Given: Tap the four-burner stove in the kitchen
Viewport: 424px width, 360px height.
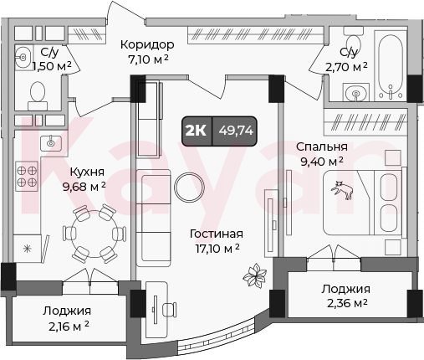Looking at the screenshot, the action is pyautogui.click(x=27, y=177).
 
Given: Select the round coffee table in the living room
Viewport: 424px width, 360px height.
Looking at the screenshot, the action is pyautogui.click(x=189, y=188).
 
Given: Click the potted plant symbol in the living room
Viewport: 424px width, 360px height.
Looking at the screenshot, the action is pyautogui.click(x=255, y=276).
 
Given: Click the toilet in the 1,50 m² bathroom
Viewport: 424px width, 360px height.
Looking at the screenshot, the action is pyautogui.click(x=38, y=95).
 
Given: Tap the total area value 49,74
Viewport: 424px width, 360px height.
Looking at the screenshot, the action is pyautogui.click(x=236, y=131).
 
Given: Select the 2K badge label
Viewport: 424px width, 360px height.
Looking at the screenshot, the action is pyautogui.click(x=196, y=131).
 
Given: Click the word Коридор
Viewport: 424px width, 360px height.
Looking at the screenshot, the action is pyautogui.click(x=147, y=44).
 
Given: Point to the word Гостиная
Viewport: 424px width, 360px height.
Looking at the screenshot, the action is pyautogui.click(x=217, y=234).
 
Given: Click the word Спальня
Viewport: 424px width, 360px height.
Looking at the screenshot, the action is pyautogui.click(x=322, y=147).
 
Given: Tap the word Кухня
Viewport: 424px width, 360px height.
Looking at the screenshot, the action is pyautogui.click(x=87, y=172).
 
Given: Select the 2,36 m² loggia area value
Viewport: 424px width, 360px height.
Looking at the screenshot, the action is pyautogui.click(x=347, y=303).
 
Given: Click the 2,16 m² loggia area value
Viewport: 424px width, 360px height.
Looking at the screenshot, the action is pyautogui.click(x=69, y=325).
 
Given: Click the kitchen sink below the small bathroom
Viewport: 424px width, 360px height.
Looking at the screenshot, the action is pyautogui.click(x=50, y=143).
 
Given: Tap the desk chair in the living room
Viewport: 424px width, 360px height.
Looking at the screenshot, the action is pyautogui.click(x=169, y=309).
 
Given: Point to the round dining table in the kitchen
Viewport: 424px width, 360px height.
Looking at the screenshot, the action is pyautogui.click(x=94, y=234).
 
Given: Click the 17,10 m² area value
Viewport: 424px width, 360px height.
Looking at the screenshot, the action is pyautogui.click(x=217, y=249).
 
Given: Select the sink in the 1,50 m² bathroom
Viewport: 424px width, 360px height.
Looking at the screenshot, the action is pyautogui.click(x=23, y=58).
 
